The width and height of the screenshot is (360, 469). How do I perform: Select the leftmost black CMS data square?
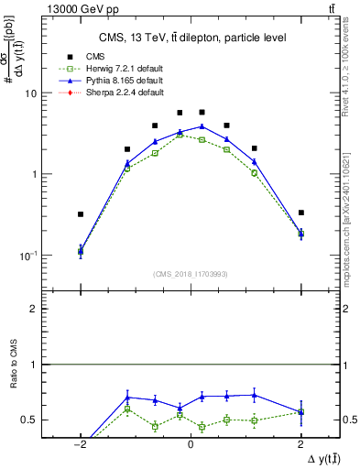pyautogui.click(x=81, y=214)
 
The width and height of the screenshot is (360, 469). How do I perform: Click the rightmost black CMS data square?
pyautogui.click(x=300, y=213)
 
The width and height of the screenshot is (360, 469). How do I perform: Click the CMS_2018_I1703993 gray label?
pyautogui.click(x=190, y=273)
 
